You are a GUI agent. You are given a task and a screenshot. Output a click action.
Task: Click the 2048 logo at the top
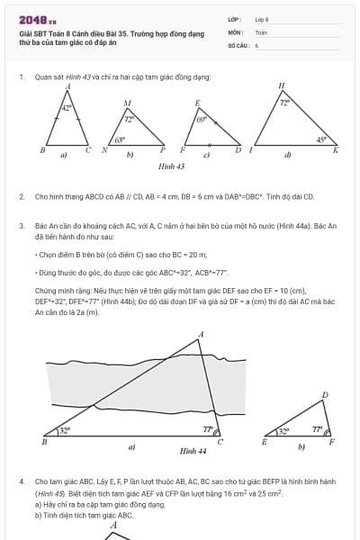click(38, 19)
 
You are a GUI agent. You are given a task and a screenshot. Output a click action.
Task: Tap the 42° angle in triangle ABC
click(67, 108)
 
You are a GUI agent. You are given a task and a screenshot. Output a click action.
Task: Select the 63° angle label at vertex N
click(120, 140)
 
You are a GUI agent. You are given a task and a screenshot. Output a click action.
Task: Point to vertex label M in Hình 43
click(128, 103)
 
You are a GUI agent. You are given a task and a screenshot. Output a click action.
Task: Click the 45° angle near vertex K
click(321, 139)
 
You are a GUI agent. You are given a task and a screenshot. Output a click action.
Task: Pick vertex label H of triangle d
click(281, 85)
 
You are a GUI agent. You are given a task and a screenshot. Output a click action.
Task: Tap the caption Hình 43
click(171, 166)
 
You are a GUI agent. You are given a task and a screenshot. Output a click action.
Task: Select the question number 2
click(22, 195)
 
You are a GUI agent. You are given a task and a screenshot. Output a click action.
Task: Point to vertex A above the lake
click(201, 335)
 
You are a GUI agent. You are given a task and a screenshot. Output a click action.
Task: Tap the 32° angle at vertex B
click(64, 431)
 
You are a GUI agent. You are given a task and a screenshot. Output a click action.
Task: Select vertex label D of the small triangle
click(325, 394)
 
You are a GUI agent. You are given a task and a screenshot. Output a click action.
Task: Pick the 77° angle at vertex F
click(317, 430)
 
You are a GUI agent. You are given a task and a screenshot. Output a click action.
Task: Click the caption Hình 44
click(193, 450)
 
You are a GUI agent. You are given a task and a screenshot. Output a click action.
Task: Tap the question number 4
click(22, 481)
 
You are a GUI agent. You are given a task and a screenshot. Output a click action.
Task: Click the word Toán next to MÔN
click(261, 31)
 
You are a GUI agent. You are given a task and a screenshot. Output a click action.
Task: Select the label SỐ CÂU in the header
click(237, 44)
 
